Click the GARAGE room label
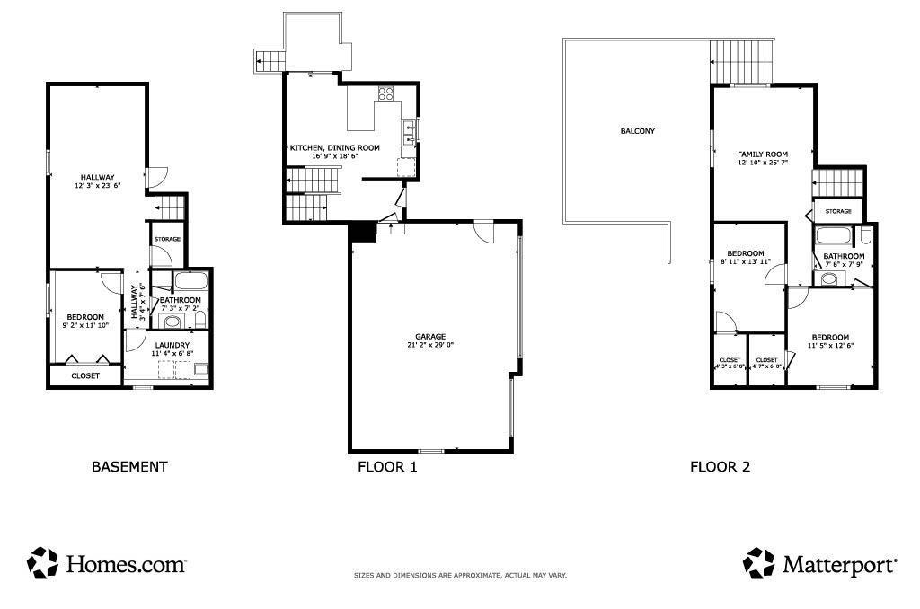(430, 336)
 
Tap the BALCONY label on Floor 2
(638, 131)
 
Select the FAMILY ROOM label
(763, 154)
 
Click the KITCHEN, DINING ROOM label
(334, 147)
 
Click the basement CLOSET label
(85, 376)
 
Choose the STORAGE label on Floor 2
(838, 212)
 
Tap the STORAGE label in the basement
(168, 240)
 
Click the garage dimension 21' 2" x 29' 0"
(430, 345)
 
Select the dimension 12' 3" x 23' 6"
(97, 186)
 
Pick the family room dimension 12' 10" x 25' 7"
(763, 163)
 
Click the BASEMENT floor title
(129, 467)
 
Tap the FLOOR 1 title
(387, 467)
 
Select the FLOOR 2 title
(720, 467)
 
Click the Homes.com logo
(107, 564)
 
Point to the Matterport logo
(819, 564)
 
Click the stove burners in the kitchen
(387, 92)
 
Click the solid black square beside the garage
(362, 232)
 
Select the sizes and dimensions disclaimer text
(460, 576)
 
